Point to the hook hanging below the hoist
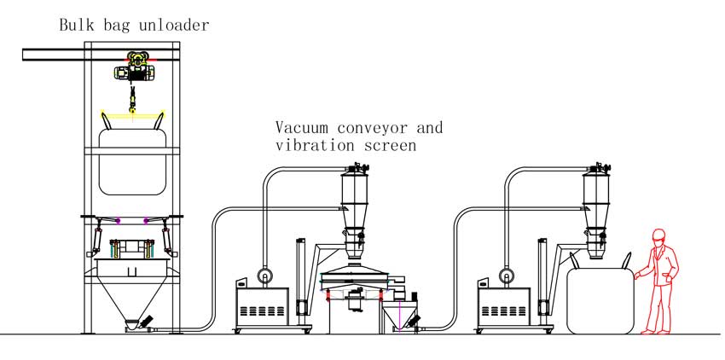click(x=133, y=105)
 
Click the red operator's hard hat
click(x=658, y=235)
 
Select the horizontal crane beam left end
click(x=30, y=55)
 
